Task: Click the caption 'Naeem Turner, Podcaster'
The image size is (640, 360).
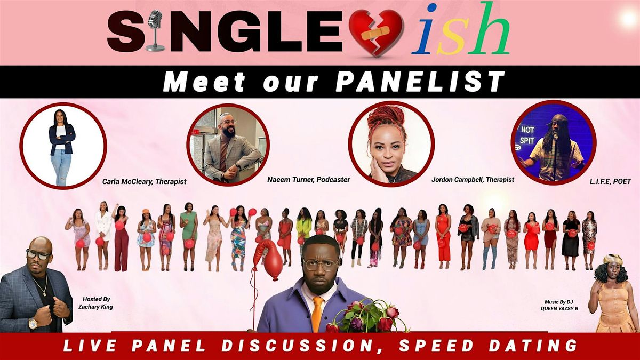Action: coord(309,180)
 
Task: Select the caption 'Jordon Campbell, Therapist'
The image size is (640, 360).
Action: coord(473,180)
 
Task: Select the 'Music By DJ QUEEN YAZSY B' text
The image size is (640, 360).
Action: coord(560,302)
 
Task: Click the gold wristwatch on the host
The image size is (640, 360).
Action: coord(33,323)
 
